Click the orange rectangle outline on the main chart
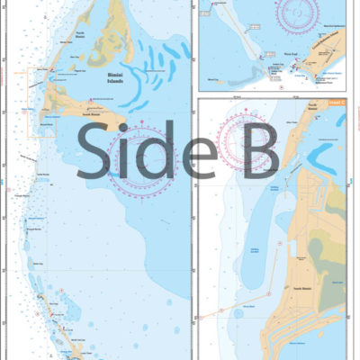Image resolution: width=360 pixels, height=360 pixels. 42,102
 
